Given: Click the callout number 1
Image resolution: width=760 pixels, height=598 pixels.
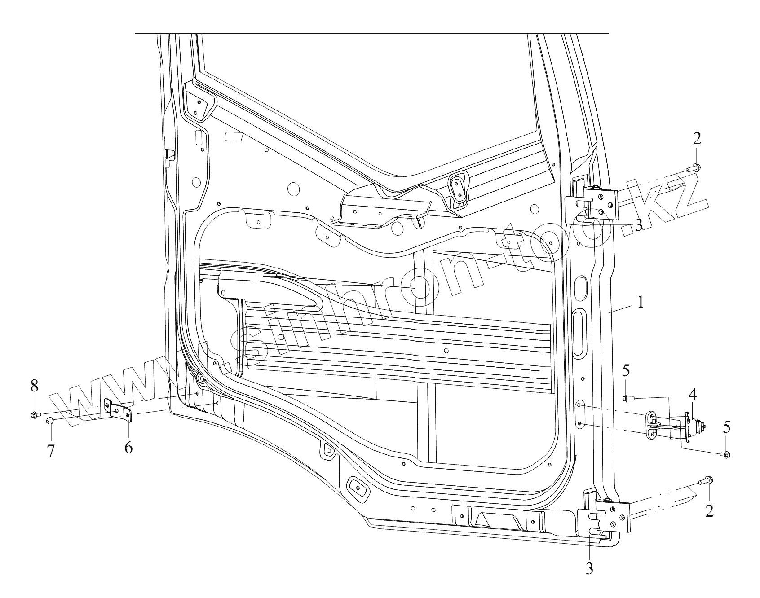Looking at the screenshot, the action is click(640, 302).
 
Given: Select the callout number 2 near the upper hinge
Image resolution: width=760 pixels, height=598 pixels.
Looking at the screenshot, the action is click(696, 139).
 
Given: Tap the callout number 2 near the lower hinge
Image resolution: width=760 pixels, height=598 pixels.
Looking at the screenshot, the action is click(709, 510).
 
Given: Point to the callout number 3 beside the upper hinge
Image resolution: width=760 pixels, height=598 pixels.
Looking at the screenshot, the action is click(639, 224).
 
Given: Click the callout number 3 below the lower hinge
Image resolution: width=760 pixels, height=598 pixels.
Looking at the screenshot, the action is click(589, 568).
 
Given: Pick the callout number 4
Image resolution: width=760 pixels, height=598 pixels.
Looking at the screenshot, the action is click(692, 396).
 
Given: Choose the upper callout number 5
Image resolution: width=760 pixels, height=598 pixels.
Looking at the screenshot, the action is click(626, 371).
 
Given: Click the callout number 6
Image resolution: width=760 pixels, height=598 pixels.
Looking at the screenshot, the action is click(128, 447).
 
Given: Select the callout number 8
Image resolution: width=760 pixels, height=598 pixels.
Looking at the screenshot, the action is click(34, 386).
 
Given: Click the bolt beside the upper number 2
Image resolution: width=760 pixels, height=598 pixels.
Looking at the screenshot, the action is click(692, 169).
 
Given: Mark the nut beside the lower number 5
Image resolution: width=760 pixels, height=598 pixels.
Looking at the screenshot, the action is click(726, 455).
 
